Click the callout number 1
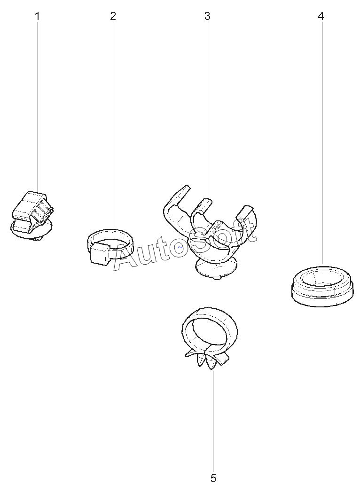tap(38, 16)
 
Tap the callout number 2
tap(113, 16)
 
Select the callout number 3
tap(207, 16)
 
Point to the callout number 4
tap(321, 16)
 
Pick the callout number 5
tap(213, 478)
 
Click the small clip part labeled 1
tap(31, 215)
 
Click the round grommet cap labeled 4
tap(322, 285)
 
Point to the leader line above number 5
tap(213, 421)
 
